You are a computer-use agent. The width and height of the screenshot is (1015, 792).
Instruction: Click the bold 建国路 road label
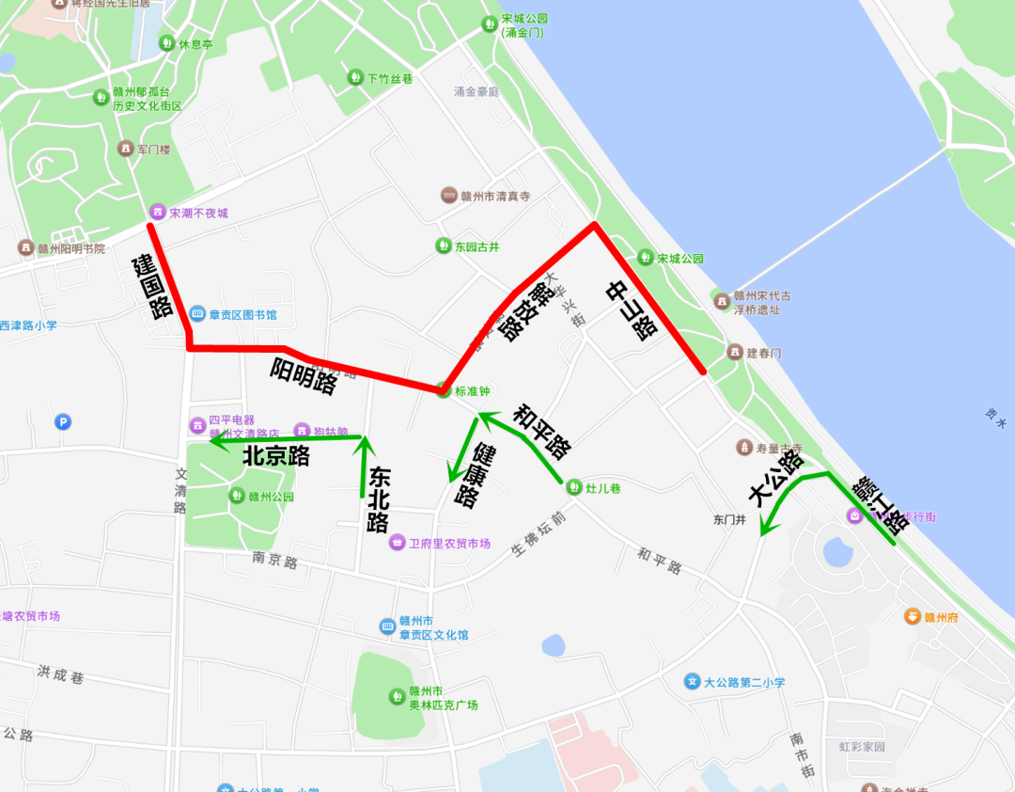151,286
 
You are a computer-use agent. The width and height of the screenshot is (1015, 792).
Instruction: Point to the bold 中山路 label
631,310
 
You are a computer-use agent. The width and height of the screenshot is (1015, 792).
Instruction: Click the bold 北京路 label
276,456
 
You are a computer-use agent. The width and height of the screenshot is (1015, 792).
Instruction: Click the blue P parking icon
63,422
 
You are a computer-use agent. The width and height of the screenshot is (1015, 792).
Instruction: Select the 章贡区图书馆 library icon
197,313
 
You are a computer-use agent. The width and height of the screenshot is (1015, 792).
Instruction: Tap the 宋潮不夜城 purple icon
158,213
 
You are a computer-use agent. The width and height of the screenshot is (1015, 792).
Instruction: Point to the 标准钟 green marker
444,390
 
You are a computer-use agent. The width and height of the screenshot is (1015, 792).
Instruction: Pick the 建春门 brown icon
736,352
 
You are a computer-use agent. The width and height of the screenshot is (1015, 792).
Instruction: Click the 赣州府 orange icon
912,617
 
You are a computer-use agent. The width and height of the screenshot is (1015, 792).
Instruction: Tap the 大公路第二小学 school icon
693,681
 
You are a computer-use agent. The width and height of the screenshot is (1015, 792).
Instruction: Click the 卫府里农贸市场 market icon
398,543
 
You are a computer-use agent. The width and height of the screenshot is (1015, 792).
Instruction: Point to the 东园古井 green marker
443,246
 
